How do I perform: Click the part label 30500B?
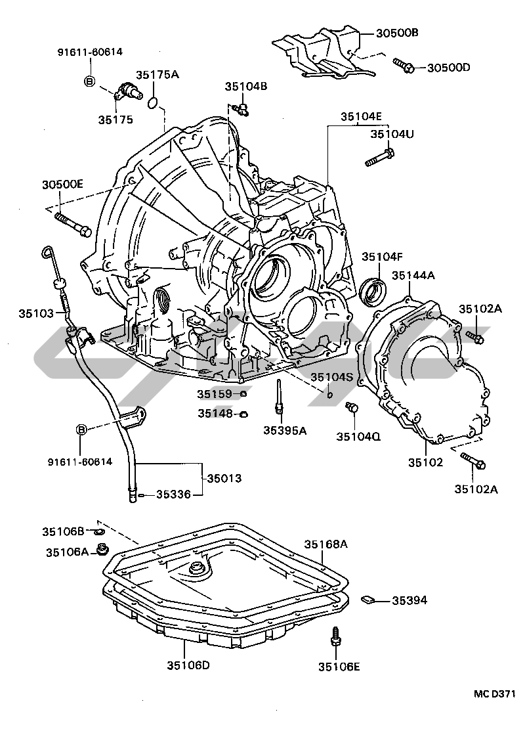point(397,33)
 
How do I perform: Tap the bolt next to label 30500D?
point(404,66)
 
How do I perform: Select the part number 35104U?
point(392,135)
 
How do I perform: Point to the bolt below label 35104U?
point(380,157)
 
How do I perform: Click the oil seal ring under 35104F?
point(373,292)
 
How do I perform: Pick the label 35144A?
point(413,276)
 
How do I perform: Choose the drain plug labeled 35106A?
point(102,550)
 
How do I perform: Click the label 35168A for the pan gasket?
point(326,544)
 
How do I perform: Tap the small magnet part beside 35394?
point(367,599)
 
